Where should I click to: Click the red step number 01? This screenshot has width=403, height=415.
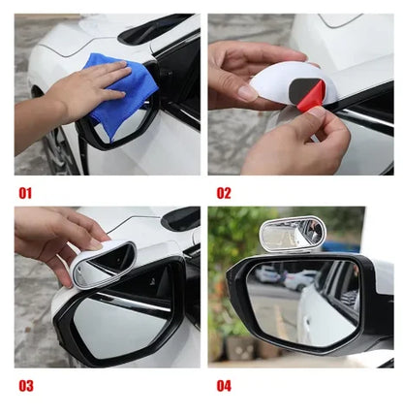point(24,193)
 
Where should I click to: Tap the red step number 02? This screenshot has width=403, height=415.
point(225,193)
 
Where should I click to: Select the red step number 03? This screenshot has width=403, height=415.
point(25,385)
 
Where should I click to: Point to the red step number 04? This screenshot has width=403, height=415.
point(225,385)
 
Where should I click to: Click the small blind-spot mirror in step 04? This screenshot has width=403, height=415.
point(292,233)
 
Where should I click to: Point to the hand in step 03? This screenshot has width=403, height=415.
point(58,238)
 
